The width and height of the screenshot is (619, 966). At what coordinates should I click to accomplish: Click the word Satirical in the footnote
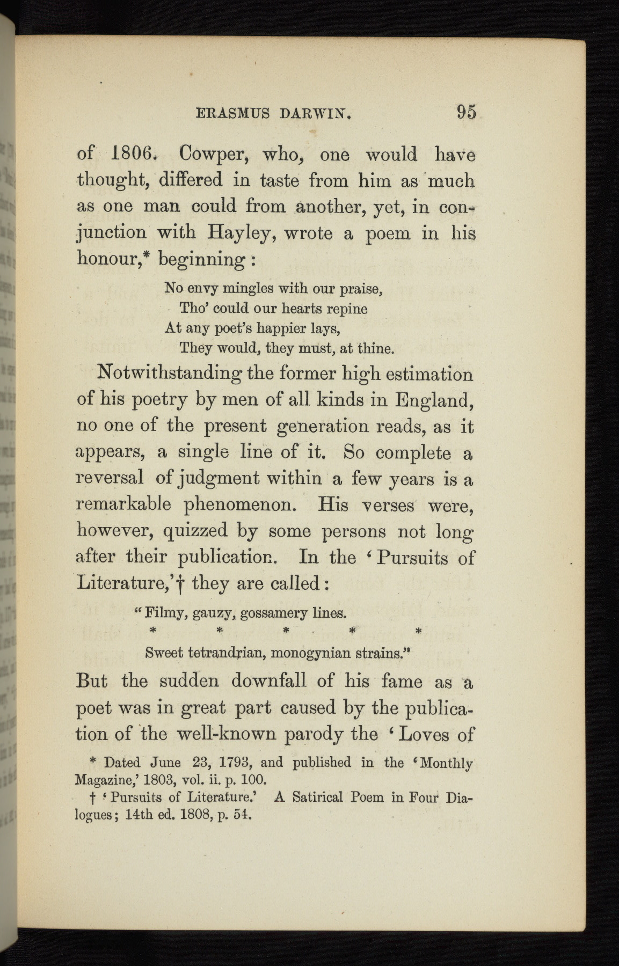317,797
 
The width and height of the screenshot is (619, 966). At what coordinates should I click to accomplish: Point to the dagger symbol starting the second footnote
94,798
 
